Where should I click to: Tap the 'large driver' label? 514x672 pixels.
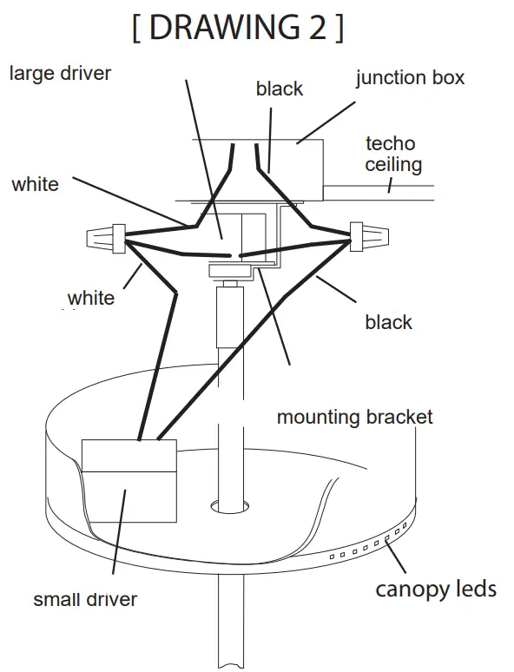pos(60,73)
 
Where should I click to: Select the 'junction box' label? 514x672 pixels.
pos(410,77)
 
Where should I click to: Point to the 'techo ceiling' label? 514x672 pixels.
pos(392,154)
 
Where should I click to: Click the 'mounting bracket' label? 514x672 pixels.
pos(354,418)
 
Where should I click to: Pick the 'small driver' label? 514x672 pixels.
pos(85,599)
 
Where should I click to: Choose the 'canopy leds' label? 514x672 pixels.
pos(436,590)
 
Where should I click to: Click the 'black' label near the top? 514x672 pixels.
pos(280,89)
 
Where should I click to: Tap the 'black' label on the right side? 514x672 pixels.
pos(388,323)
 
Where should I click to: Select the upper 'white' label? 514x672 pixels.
pos(36,184)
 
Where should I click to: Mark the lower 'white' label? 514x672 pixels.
pos(91,299)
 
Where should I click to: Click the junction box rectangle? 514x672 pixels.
pos(295,169)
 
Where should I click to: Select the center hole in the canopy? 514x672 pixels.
pos(230,504)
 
